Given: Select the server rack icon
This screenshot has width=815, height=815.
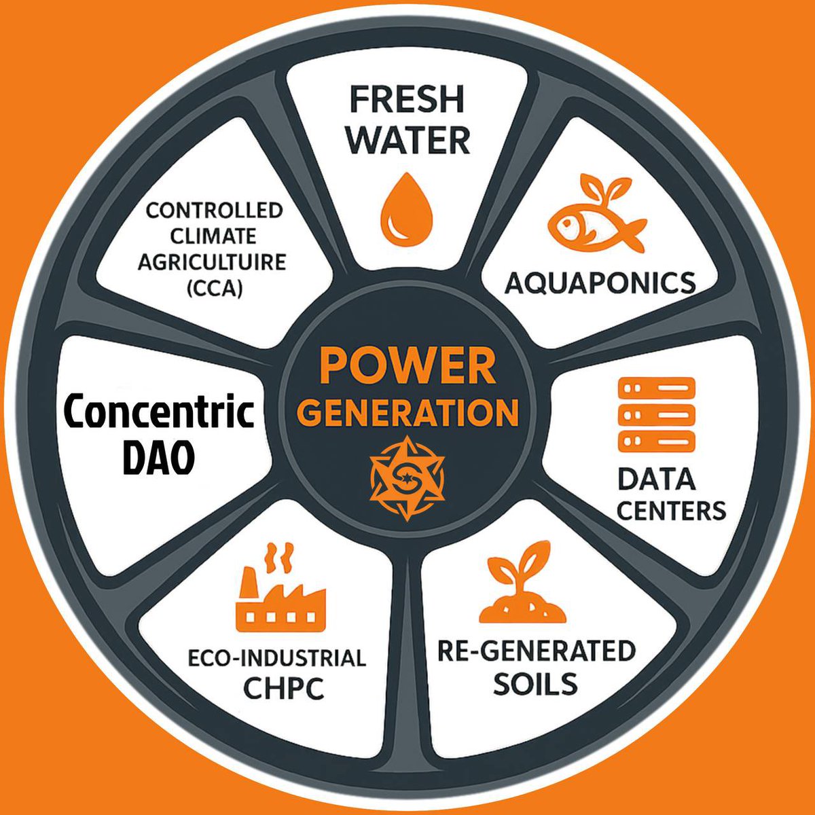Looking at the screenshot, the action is (x=657, y=414).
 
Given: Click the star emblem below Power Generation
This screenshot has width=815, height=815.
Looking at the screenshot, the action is (x=407, y=478).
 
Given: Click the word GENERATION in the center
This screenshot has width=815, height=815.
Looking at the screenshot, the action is (x=407, y=413).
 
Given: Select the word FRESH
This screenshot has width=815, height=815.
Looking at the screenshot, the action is (x=407, y=99).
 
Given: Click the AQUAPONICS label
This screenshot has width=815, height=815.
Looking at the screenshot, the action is (x=600, y=283).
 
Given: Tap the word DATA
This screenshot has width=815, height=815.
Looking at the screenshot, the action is (x=656, y=479).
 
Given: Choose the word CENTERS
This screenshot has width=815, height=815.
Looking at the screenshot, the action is (x=672, y=511).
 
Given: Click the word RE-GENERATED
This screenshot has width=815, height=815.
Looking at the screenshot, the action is (x=537, y=651).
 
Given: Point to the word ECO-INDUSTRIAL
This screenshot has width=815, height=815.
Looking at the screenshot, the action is (x=277, y=658).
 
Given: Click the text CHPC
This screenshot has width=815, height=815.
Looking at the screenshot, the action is (x=284, y=688).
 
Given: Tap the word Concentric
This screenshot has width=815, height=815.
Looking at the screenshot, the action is (x=159, y=412).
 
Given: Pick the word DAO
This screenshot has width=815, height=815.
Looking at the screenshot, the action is (x=159, y=458).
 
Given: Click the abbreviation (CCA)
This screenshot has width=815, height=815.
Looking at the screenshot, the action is (x=215, y=289).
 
